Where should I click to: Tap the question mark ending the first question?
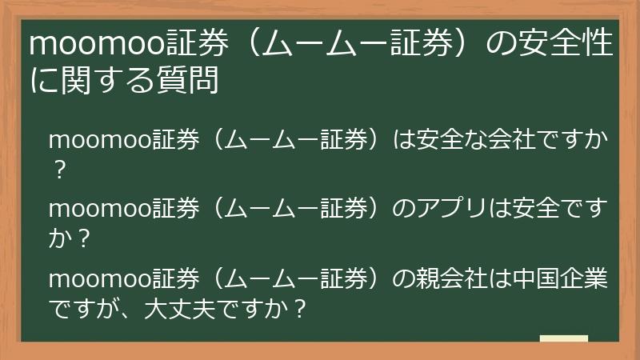coord(57,168)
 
